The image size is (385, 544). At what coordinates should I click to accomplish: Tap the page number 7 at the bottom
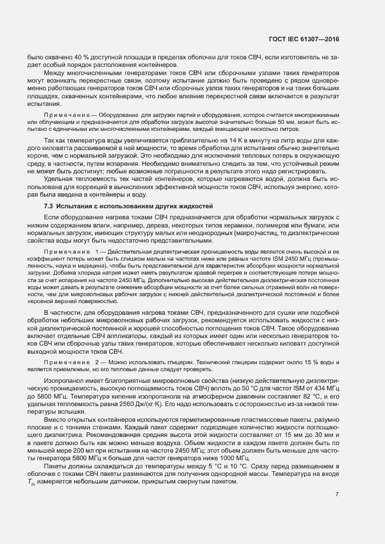pyautogui.click(x=337, y=479)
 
